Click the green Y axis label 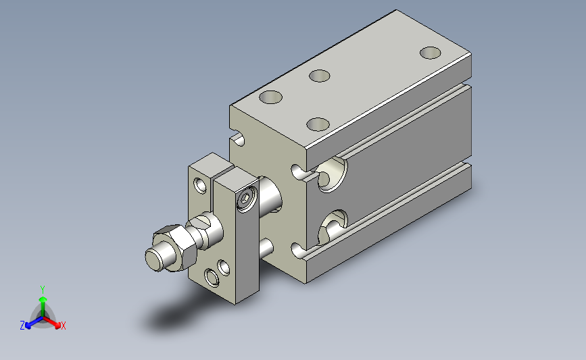(43, 290)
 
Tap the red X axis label (63, 326)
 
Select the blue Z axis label (22, 326)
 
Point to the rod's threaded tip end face (153, 259)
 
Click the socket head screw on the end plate (247, 199)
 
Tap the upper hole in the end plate (200, 185)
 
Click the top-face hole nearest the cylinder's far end (430, 53)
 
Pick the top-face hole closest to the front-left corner (270, 97)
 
